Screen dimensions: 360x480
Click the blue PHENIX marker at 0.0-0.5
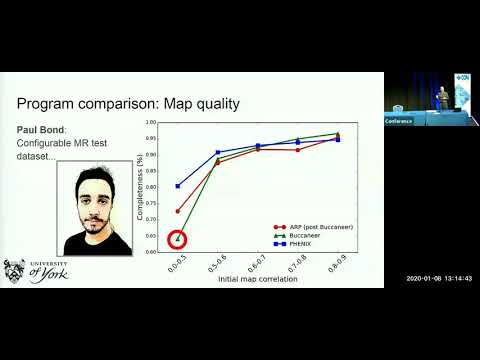(178, 186)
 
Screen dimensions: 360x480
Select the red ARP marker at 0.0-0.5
(178, 211)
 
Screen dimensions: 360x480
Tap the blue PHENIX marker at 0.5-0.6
(218, 152)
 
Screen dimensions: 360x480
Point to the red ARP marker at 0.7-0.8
(297, 150)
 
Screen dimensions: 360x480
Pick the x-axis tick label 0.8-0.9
(336, 266)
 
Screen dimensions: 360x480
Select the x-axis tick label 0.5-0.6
(217, 266)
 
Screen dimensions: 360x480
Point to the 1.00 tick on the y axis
(151, 122)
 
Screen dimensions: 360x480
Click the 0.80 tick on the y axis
(151, 187)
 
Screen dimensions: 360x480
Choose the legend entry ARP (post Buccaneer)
(310, 227)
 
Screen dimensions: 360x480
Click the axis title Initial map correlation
(257, 280)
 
